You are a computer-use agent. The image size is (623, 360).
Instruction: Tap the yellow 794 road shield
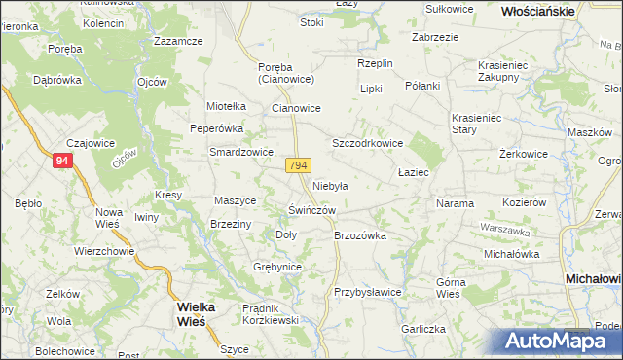tap(298, 166)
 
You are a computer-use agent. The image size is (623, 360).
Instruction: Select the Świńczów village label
tap(312, 210)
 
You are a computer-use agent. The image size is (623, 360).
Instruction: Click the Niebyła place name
tap(331, 185)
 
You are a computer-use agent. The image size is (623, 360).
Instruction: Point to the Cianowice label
tap(296, 109)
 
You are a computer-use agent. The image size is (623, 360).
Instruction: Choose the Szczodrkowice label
tap(368, 143)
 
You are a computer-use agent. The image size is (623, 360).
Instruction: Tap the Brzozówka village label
tap(360, 235)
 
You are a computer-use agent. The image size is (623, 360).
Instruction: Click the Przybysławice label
tap(368, 292)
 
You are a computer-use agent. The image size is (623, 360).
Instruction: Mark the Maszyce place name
tap(235, 200)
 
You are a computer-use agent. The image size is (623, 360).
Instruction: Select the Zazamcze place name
tap(178, 42)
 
